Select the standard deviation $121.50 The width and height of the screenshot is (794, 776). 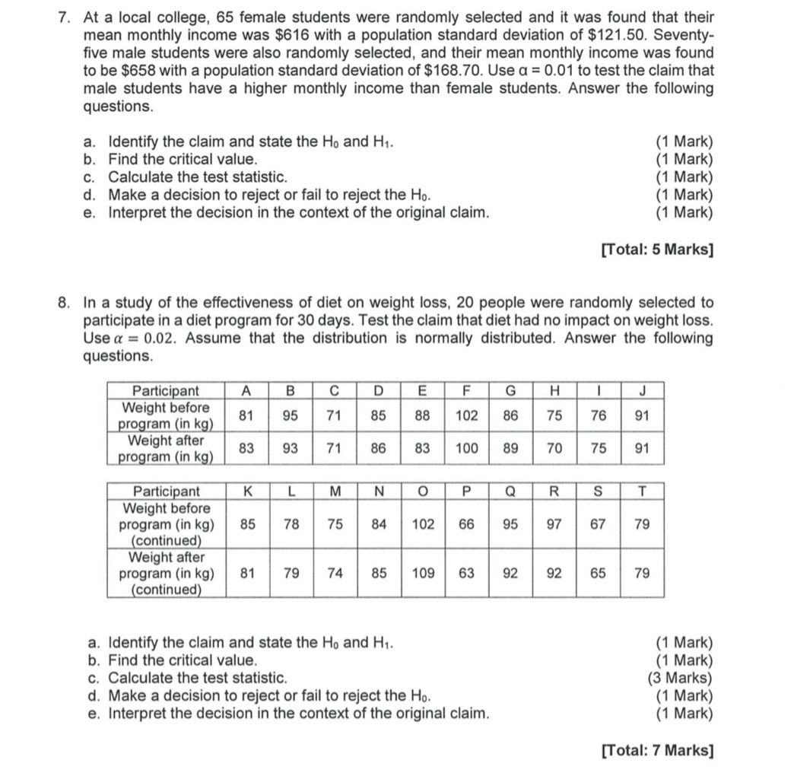(595, 35)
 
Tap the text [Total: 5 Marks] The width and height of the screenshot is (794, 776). (657, 249)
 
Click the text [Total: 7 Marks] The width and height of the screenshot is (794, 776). (657, 750)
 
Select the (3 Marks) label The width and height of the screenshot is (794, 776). (680, 678)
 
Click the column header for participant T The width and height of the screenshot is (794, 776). (642, 491)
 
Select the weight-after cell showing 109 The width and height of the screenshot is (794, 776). (424, 573)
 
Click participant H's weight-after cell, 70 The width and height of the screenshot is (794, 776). (554, 448)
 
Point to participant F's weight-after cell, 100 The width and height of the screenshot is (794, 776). (467, 448)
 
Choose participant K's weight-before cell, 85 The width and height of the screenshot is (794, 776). (247, 524)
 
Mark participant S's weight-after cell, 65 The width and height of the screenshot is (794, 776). (599, 573)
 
